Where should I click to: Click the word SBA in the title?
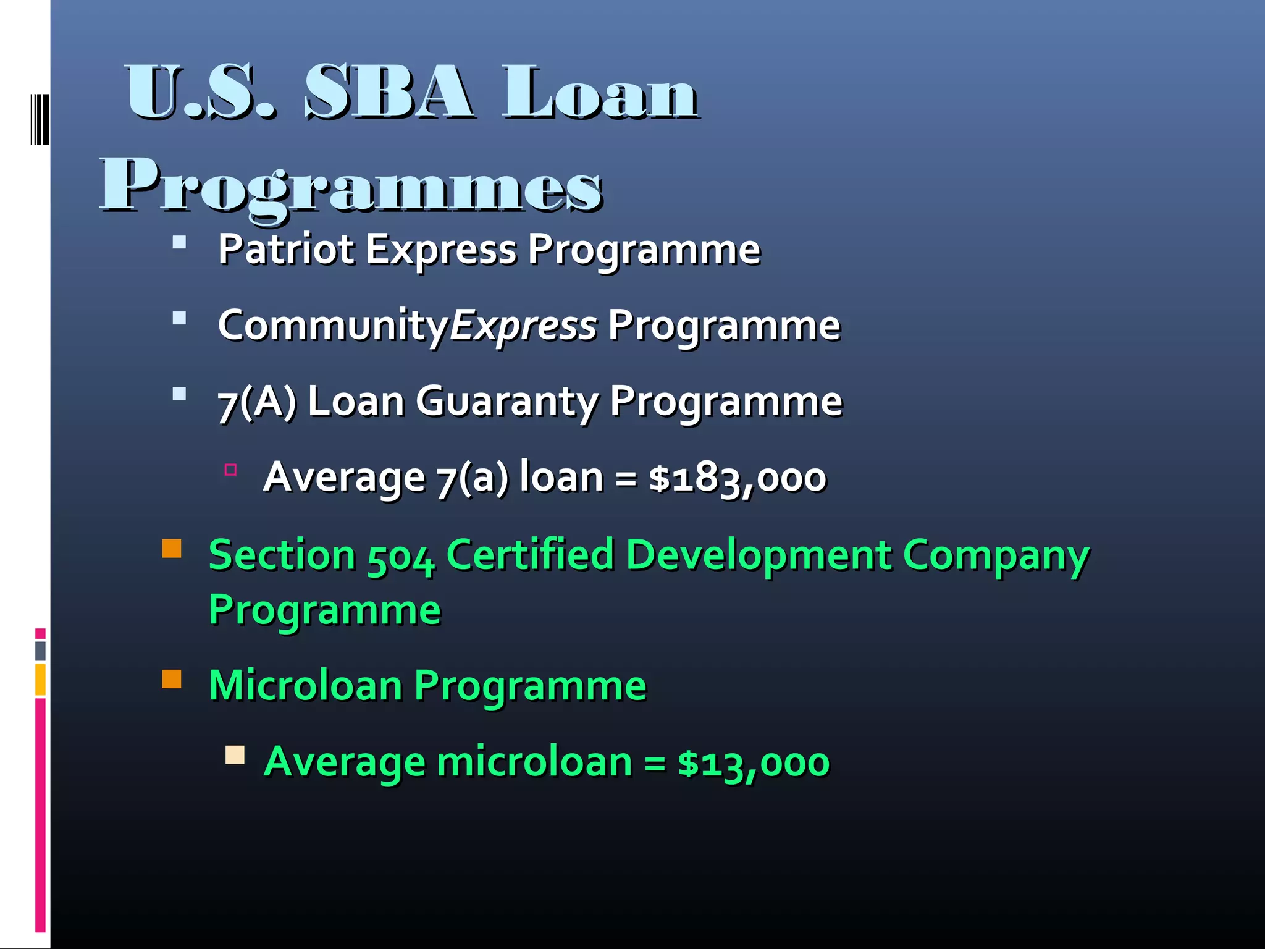[389, 93]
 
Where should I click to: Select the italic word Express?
[524, 326]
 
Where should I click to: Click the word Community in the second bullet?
[333, 326]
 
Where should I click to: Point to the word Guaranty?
[506, 402]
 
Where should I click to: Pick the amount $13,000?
[754, 762]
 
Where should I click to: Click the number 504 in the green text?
[401, 555]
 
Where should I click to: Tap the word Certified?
[530, 554]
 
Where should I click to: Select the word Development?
[759, 554]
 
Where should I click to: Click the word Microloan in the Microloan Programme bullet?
[306, 686]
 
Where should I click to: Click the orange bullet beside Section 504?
[172, 549]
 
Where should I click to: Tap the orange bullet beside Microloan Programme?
[172, 680]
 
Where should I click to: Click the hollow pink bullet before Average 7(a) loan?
[231, 470]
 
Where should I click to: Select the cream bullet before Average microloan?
[235, 755]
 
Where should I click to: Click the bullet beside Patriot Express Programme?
[180, 242]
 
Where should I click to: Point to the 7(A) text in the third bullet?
[257, 402]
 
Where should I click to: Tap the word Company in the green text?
[996, 555]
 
